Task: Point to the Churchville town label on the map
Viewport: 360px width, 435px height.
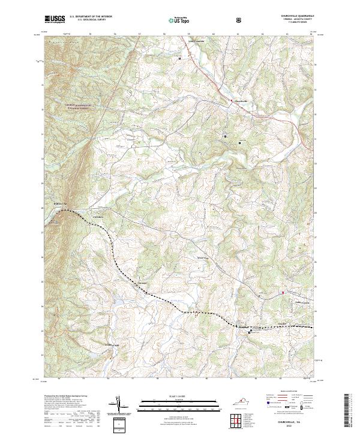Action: [x=239, y=100]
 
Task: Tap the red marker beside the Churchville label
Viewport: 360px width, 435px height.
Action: [x=232, y=101]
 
